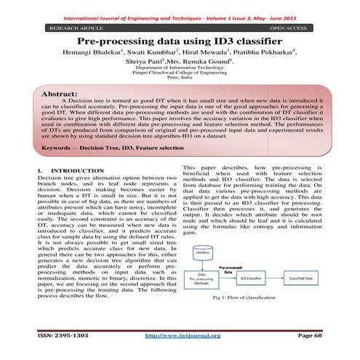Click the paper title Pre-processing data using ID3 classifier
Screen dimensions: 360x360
(180, 44)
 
